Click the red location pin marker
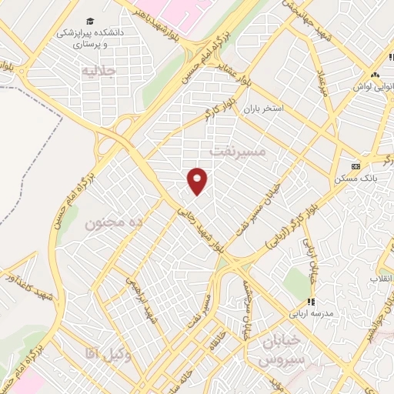pos(198,180)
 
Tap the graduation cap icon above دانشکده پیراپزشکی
pos(91,20)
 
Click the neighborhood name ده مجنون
pos(115,224)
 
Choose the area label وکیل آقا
pos(111,353)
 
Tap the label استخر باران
pos(264,109)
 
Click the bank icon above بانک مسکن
pos(355,166)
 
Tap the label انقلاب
pos(382,275)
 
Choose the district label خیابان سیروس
pos(282,351)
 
